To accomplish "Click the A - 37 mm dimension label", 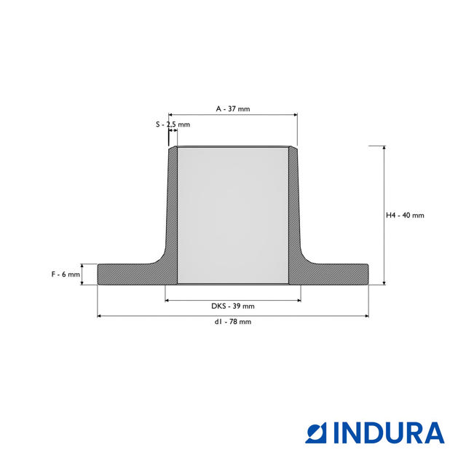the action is tap(233, 108).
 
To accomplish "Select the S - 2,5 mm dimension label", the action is tap(173, 125).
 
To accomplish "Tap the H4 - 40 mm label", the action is tap(405, 216).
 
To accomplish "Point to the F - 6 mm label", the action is tap(66, 275).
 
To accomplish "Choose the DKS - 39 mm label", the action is tap(233, 306).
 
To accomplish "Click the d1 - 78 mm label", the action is tap(233, 322).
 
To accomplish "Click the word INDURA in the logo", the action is tap(389, 433).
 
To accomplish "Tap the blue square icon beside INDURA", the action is tap(316, 433).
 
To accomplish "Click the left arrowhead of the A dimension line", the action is tap(170, 115).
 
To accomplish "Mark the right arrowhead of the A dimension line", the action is tap(296, 115).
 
